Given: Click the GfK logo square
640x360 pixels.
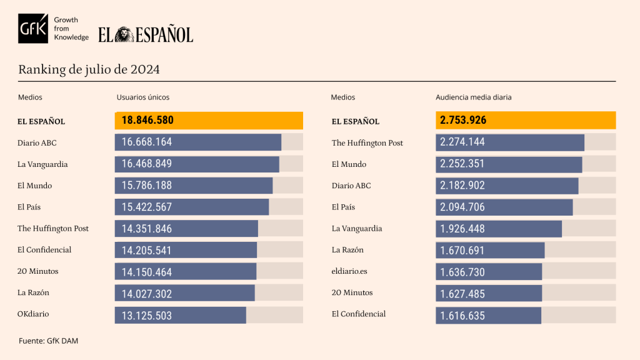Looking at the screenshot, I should tap(33, 29).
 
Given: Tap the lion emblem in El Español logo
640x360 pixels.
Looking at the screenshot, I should tap(124, 34).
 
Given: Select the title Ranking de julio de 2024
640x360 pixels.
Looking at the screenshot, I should tap(89, 69).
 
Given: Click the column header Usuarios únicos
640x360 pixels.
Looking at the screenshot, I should tap(143, 97).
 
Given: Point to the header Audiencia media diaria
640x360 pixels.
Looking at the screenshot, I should tap(473, 97).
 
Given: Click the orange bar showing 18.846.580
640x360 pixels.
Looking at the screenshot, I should tap(209, 121).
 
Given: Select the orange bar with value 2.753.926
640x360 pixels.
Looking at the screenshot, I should tap(525, 121).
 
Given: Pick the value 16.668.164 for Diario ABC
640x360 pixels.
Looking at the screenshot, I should tap(147, 142).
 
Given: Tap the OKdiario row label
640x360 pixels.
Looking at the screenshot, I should tap(33, 314).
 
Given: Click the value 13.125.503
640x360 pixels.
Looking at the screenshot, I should tap(147, 316).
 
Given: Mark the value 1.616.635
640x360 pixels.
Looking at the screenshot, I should tap(462, 316).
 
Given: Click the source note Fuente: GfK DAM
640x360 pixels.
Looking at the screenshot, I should tap(48, 341).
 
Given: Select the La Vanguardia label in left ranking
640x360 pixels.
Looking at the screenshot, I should tap(42, 164).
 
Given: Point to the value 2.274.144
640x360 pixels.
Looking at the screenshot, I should tap(462, 142).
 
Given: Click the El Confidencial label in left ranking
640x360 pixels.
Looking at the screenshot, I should tap(44, 250).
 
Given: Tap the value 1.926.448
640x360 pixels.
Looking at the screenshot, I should tap(462, 229).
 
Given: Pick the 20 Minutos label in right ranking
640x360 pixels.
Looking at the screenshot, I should tap(352, 293).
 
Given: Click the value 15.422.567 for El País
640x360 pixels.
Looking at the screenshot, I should tap(147, 207).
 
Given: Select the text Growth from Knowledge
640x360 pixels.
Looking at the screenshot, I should tap(71, 29).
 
